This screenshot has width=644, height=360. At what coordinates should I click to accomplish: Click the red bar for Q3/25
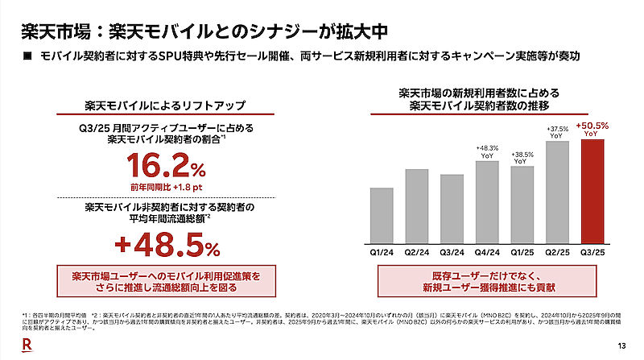point(598,192)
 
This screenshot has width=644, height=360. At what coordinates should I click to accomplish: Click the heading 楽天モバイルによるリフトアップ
point(166,106)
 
